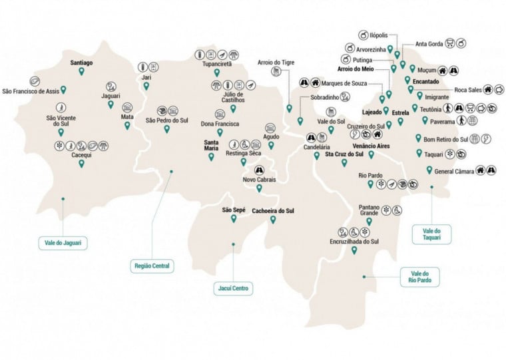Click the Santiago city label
[81, 63]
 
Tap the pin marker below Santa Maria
[211, 158]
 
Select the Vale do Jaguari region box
[63, 243]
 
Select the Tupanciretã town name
[217, 64]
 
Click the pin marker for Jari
[146, 86]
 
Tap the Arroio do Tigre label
[275, 63]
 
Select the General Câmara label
[454, 171]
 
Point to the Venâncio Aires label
[371, 144]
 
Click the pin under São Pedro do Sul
[167, 129]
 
